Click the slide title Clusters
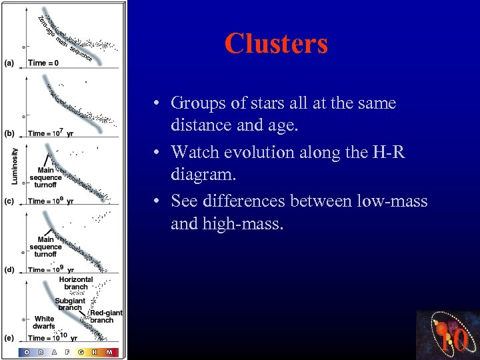point(276,44)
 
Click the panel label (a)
point(9,63)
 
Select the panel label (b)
point(9,133)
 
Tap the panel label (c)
point(9,201)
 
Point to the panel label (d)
point(9,269)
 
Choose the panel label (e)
point(9,338)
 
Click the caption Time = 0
point(43,63)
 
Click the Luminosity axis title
point(15,166)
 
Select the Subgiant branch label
point(70,304)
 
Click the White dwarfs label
point(44,323)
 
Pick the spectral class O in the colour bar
point(27,352)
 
